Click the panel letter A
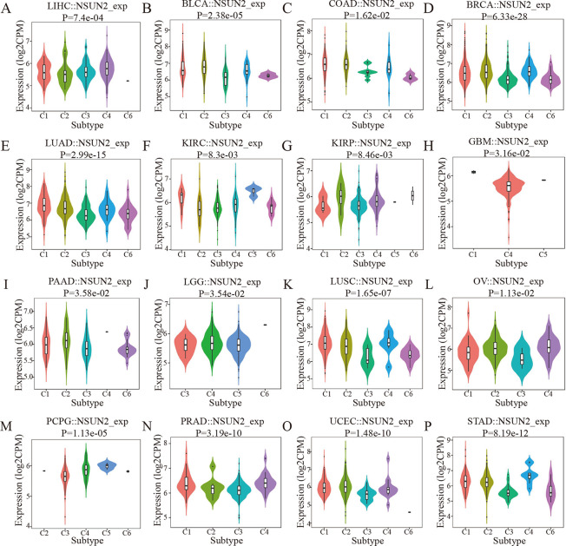[x=6, y=8]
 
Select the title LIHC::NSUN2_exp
[x=76, y=8]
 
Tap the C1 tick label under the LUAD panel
[x=41, y=252]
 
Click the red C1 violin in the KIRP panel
[x=322, y=208]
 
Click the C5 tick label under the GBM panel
[x=540, y=252]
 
